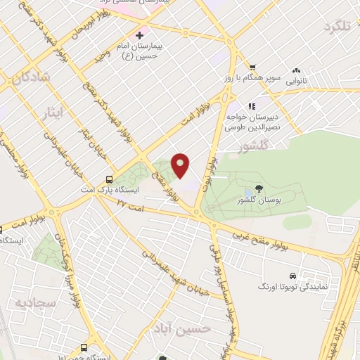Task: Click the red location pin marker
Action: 181,165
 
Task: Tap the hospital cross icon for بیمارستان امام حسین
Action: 139,34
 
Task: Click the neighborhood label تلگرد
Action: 337,27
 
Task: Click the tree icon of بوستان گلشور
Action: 259,188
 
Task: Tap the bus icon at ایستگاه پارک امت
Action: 108,179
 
